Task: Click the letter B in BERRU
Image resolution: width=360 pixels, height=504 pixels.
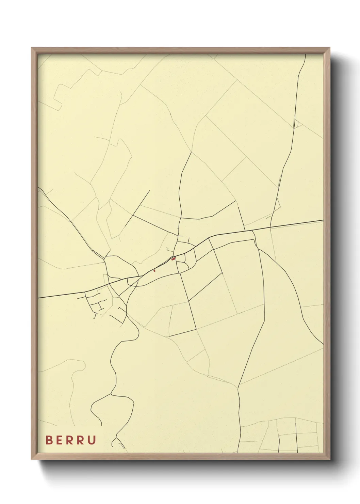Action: pyautogui.click(x=49, y=440)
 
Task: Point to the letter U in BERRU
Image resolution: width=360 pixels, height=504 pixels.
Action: pyautogui.click(x=92, y=440)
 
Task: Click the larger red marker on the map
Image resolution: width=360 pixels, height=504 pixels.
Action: pyautogui.click(x=174, y=259)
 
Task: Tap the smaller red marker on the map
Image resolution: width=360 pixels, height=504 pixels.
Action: pyautogui.click(x=154, y=271)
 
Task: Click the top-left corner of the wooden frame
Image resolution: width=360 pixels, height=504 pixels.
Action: pyautogui.click(x=32, y=48)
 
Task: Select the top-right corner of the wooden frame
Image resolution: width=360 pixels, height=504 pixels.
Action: pyautogui.click(x=330, y=48)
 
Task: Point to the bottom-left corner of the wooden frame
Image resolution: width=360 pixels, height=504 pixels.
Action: pyautogui.click(x=32, y=459)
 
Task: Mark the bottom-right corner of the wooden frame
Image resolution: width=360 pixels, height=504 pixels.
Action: pyautogui.click(x=330, y=459)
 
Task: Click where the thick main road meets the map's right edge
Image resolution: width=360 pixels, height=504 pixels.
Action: pyautogui.click(x=323, y=220)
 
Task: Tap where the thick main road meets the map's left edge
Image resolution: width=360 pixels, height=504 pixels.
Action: pyautogui.click(x=38, y=298)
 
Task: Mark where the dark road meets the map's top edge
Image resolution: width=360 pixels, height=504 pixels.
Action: pyautogui.click(x=305, y=54)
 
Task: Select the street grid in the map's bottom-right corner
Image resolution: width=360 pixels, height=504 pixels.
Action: pyautogui.click(x=296, y=436)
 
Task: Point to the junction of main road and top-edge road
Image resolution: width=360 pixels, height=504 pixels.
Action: pyautogui.click(x=270, y=227)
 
